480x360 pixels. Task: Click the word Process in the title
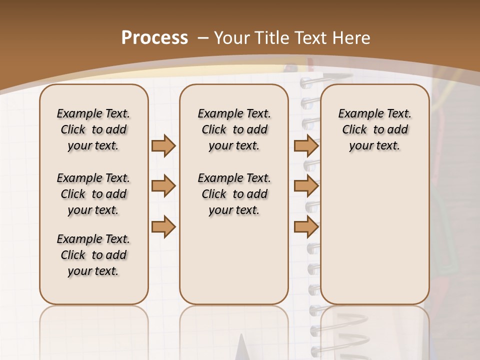pos(154,38)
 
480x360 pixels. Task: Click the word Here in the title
pos(352,38)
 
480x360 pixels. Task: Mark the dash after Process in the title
pos(202,38)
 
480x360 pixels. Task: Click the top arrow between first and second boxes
pos(163,145)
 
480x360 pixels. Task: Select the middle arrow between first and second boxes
pos(163,186)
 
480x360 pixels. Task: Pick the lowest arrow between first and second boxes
pos(163,226)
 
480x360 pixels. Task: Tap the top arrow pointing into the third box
pos(306,145)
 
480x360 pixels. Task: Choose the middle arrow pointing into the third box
pos(306,186)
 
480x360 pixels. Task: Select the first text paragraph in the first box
pos(93,129)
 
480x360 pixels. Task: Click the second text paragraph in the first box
pos(93,194)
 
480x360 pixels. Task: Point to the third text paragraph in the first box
pos(93,255)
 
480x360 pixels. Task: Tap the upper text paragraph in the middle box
pos(234,129)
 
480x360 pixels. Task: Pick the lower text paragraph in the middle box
pos(234,194)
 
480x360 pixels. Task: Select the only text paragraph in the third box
pos(374,129)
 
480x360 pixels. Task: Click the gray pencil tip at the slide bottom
pos(242,348)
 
